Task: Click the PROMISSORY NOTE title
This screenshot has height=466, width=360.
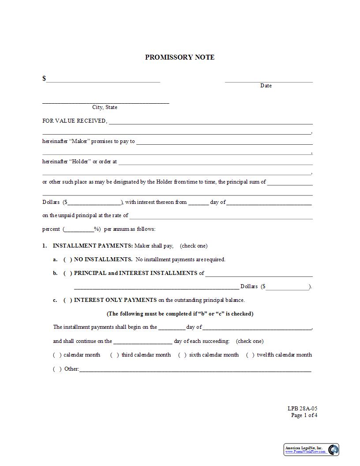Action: tap(180, 57)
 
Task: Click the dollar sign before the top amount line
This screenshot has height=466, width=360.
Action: tap(44, 79)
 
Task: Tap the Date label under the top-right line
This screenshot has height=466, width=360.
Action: tap(266, 86)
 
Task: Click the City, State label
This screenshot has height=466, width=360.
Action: tap(105, 107)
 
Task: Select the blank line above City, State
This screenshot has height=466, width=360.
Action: tap(105, 103)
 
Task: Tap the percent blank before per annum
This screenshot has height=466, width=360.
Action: tap(79, 229)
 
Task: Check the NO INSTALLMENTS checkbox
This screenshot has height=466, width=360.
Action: tap(68, 259)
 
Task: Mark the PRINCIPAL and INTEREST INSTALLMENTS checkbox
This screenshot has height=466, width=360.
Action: tap(68, 273)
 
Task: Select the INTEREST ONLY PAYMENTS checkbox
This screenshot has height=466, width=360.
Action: tap(68, 300)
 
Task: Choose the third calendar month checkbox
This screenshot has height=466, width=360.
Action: tap(115, 355)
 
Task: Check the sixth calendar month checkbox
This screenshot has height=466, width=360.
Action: tap(182, 355)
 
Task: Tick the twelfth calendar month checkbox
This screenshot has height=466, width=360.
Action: tap(250, 355)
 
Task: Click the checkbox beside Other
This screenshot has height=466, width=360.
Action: tap(57, 369)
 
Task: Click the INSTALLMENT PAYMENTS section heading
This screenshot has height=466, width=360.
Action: tap(93, 246)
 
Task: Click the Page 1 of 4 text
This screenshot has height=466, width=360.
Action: tap(304, 415)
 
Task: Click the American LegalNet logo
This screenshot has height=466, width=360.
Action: tap(311, 450)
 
